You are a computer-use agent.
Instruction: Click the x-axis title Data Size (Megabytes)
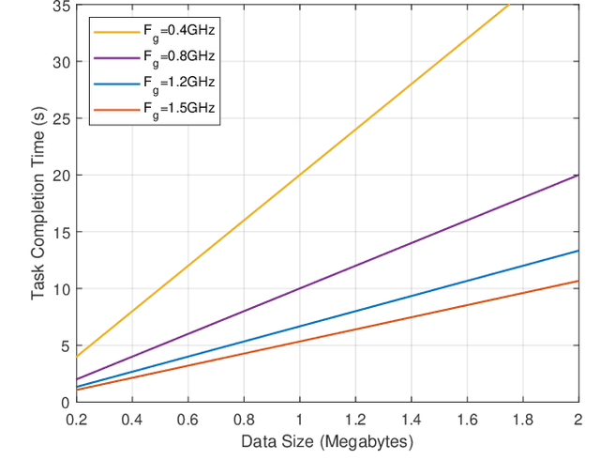[326, 440]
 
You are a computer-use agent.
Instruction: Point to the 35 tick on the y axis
[58, 7]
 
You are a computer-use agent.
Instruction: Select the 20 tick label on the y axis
[58, 176]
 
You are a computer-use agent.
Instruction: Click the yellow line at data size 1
[299, 176]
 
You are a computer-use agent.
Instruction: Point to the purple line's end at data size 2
[577, 176]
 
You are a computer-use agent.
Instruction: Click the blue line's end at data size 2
[577, 251]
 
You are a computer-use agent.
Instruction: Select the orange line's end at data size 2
[577, 281]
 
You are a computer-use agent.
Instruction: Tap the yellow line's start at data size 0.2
[76, 357]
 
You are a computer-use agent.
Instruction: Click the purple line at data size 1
[299, 288]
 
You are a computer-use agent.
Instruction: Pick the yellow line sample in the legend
[115, 31]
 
